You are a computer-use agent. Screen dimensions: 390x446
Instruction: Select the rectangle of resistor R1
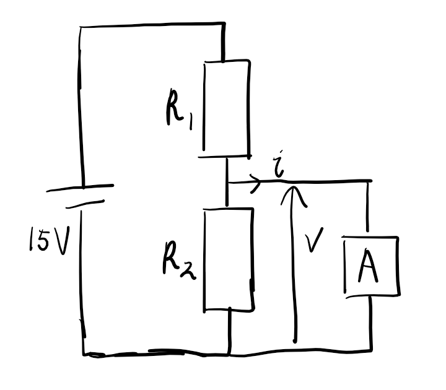coord(227,108)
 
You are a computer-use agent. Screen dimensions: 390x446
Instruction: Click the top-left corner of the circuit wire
coord(81,27)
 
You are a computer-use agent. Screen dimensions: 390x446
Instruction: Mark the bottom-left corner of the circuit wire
coord(84,355)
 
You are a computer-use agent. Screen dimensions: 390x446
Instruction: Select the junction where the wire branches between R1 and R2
coord(228,183)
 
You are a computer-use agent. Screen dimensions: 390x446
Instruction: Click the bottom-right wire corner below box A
coord(372,351)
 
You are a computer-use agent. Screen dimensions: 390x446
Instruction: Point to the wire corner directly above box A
coord(371,181)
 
